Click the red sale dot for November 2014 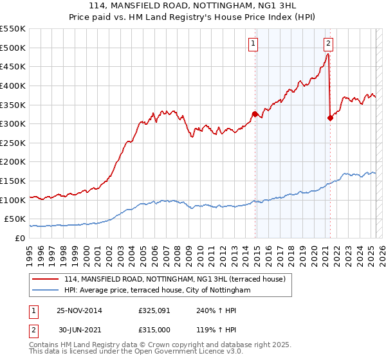click(x=255, y=114)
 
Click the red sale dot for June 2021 click(x=330, y=118)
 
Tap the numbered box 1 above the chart click(x=253, y=44)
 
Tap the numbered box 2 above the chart click(x=328, y=44)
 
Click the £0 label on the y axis click(x=19, y=238)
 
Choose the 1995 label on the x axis click(x=30, y=251)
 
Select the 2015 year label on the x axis click(x=256, y=251)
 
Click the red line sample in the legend click(x=46, y=279)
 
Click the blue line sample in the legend click(x=46, y=291)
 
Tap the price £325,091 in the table click(x=155, y=311)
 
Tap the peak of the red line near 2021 click(x=328, y=54)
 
